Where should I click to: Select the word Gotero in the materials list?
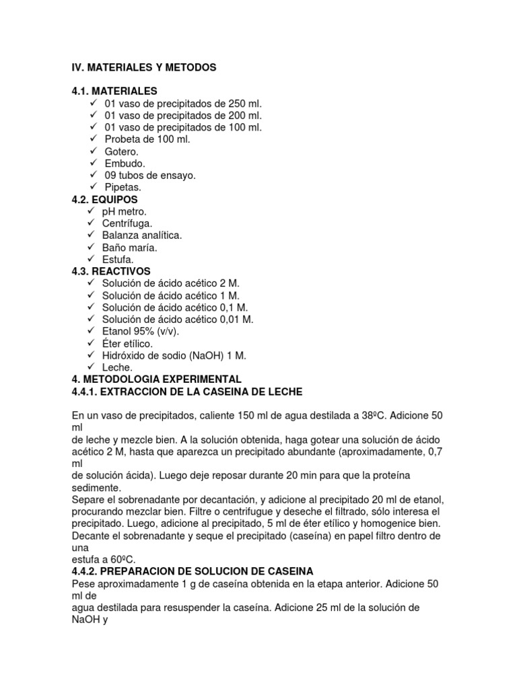coord(121,151)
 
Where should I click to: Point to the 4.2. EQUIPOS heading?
coord(104,200)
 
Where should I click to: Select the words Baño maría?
coord(130,248)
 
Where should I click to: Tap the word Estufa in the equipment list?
coord(118,259)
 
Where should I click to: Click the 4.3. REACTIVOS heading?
coord(111,271)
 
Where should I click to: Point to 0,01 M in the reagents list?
coord(236,320)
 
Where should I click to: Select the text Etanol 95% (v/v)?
coord(141,332)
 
